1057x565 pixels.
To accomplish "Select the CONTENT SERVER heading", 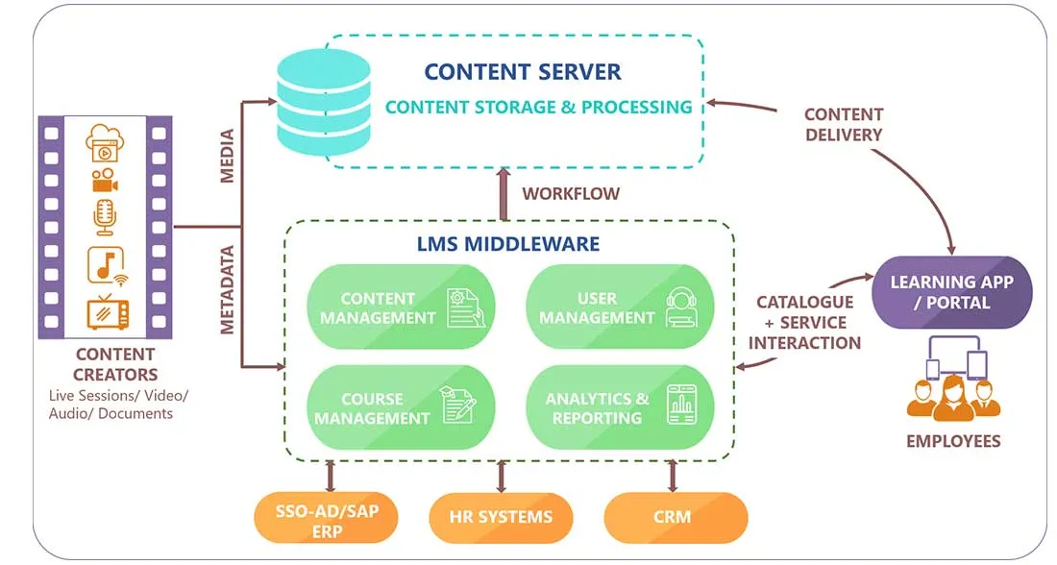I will (523, 72).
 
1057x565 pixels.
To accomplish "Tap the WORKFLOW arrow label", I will (571, 193).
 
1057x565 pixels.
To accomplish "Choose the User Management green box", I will (620, 307).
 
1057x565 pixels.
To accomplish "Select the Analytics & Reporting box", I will (620, 407).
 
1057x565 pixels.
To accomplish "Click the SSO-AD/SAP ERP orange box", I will (326, 518).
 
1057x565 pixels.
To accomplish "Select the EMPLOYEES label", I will (953, 441).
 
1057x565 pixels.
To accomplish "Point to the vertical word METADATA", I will (229, 289).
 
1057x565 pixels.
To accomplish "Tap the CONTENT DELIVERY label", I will (844, 124).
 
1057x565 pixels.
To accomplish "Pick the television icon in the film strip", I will (105, 311).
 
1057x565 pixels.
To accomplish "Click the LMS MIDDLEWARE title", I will (507, 244).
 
